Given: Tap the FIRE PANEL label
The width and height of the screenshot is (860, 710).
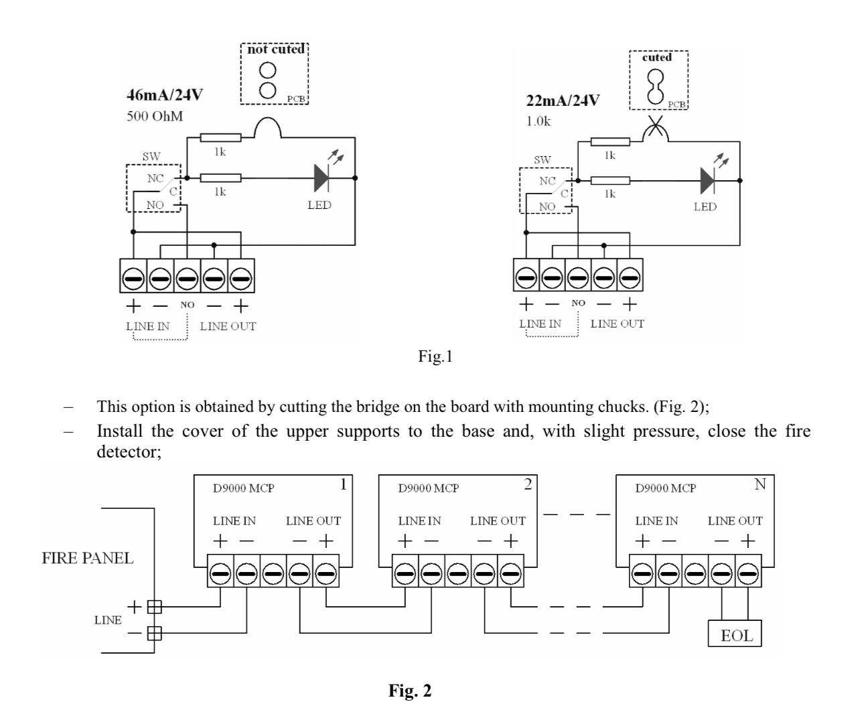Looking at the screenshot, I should pyautogui.click(x=88, y=558).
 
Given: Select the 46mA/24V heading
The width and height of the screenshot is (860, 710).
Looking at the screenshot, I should pyautogui.click(x=165, y=94).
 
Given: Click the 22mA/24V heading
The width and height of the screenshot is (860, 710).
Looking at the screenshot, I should pyautogui.click(x=563, y=101).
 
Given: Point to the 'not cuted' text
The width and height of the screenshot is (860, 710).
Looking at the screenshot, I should pyautogui.click(x=275, y=50).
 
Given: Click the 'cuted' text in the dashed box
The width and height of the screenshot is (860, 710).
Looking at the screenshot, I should pyautogui.click(x=657, y=58).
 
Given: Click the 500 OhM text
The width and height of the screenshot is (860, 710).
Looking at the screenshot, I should pyautogui.click(x=155, y=117).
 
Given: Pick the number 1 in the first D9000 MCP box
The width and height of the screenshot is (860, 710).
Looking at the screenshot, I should pyautogui.click(x=344, y=484).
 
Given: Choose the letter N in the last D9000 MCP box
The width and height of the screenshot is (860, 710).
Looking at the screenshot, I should pyautogui.click(x=760, y=484).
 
